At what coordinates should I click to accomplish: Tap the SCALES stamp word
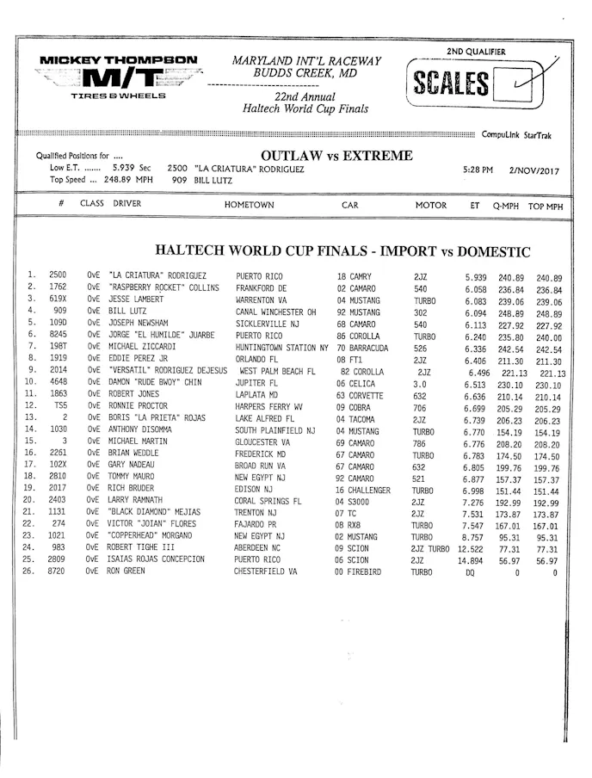click(x=453, y=84)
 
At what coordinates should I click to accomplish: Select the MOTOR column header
click(x=431, y=206)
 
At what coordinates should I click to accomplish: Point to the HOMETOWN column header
click(x=249, y=206)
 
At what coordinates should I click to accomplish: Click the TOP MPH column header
click(x=546, y=207)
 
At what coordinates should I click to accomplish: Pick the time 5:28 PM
click(x=478, y=170)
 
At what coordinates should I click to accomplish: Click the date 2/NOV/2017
click(x=533, y=170)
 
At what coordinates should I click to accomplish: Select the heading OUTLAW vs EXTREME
click(x=324, y=156)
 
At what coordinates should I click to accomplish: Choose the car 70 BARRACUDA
click(x=362, y=348)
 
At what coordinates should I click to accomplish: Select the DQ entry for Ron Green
click(x=470, y=571)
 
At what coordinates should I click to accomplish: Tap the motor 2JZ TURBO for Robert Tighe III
click(x=430, y=547)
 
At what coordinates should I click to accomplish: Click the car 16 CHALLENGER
click(x=363, y=489)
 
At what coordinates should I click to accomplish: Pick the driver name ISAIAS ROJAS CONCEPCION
click(x=157, y=559)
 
